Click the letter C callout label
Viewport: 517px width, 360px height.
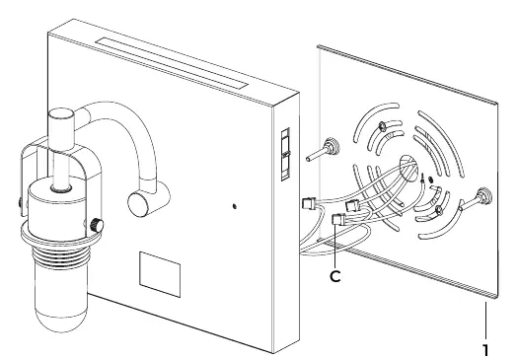tap(335, 276)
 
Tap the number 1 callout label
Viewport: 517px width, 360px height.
tap(485, 350)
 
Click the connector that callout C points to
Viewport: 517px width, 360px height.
tap(338, 219)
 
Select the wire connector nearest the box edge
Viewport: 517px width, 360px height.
tap(309, 202)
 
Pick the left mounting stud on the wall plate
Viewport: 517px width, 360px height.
tap(324, 150)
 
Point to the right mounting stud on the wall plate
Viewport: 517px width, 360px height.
tap(476, 200)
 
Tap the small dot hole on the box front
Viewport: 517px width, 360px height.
tap(235, 206)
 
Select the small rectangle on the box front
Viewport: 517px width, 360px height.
tap(160, 274)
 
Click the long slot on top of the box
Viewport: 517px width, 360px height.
tap(172, 63)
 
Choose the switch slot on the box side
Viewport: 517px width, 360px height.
tap(285, 154)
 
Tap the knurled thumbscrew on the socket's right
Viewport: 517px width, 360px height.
tap(97, 225)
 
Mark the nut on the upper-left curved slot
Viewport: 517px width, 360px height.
tap(382, 126)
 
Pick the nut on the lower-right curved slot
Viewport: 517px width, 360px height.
tap(438, 210)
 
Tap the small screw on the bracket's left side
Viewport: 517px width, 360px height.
tap(21, 202)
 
